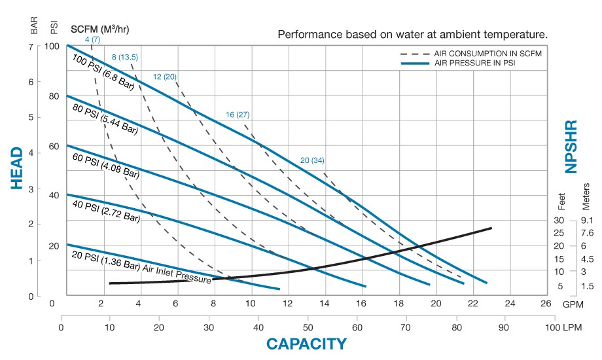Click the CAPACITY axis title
pos(306,344)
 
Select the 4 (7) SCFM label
pos(92,40)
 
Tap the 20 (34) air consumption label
pos(312,160)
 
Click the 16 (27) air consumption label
pos(237,115)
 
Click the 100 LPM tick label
pos(560,327)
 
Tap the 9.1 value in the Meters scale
pos(587,221)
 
